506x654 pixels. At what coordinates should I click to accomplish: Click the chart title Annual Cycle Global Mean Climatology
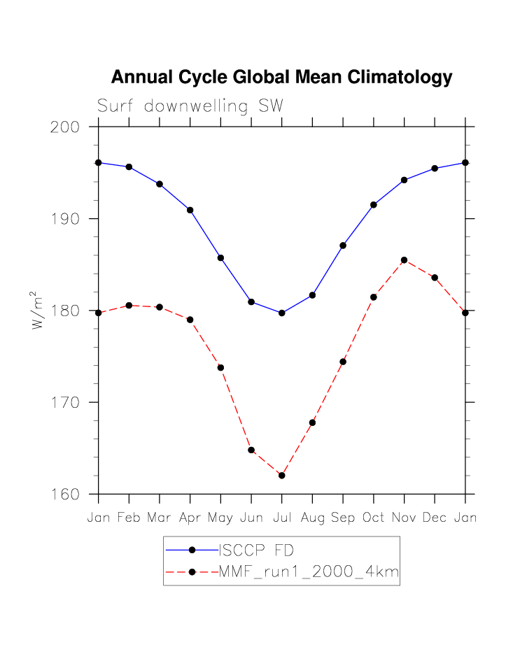281,78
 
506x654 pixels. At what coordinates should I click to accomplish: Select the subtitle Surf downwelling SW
190,106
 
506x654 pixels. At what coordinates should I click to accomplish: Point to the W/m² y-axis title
38,311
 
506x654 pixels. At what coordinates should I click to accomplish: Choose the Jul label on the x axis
281,518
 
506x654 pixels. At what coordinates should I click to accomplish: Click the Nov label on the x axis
404,518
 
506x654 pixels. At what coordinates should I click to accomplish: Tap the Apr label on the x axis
190,518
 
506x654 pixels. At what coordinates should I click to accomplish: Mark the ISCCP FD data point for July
281,313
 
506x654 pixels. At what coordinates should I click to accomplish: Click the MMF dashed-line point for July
281,476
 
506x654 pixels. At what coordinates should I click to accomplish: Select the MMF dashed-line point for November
404,260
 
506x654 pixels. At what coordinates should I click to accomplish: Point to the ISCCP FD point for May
220,258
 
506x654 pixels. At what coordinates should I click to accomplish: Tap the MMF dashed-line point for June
251,450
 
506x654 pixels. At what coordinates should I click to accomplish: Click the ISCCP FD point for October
374,205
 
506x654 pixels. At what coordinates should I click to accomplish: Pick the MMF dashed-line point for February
129,306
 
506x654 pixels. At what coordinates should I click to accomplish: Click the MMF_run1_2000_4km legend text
309,573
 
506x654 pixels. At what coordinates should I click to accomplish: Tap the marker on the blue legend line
191,550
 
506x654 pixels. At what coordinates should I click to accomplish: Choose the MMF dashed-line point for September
343,362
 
